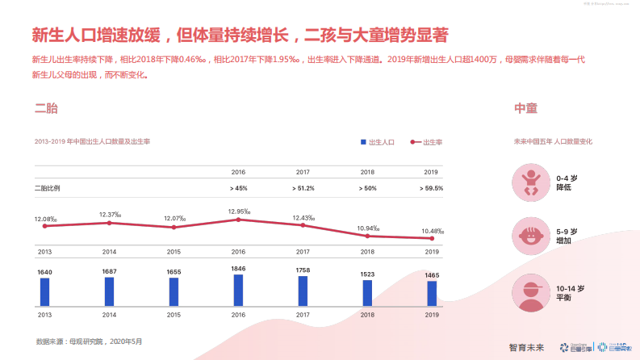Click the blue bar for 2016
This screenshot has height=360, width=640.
tap(238, 290)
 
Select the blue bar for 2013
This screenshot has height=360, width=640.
tap(44, 291)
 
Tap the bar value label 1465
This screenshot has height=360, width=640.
tap(432, 275)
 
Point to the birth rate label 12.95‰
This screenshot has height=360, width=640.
tap(238, 211)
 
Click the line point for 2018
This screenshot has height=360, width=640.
tap(367, 236)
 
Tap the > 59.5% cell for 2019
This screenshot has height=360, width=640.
tap(432, 188)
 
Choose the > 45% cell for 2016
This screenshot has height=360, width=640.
tap(238, 188)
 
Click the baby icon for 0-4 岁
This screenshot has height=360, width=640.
tap(530, 182)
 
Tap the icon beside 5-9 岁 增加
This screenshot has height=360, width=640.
tap(530, 236)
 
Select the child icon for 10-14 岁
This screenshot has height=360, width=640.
tap(530, 293)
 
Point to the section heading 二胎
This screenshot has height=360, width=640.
tap(46, 108)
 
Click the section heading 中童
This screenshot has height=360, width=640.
tap(525, 108)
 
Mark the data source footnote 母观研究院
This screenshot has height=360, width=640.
tap(89, 341)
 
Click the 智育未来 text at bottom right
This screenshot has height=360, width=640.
tap(526, 347)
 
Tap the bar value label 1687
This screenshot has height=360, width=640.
tap(109, 271)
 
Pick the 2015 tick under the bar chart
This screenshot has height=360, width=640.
tap(174, 315)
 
